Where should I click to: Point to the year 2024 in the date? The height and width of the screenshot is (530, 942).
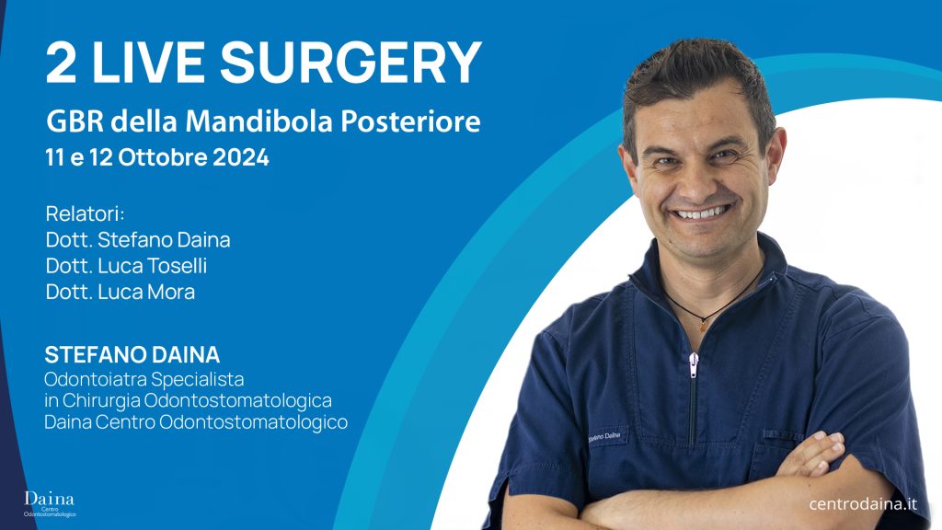pyautogui.click(x=240, y=157)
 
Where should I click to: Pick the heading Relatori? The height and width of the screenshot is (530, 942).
pyautogui.click(x=85, y=213)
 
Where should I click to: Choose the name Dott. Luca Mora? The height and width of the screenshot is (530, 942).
pyautogui.click(x=121, y=292)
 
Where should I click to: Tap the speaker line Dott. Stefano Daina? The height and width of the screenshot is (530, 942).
pyautogui.click(x=138, y=240)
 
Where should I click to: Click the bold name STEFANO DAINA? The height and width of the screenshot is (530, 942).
pyautogui.click(x=132, y=355)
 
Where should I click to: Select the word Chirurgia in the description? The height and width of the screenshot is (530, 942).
pyautogui.click(x=101, y=401)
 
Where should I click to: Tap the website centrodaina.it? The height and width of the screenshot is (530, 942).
pyautogui.click(x=863, y=503)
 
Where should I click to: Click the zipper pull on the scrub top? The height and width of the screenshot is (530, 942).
pyautogui.click(x=694, y=364)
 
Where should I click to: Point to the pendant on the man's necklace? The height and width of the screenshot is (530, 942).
pyautogui.click(x=704, y=323)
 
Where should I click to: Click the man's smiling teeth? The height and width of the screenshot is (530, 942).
pyautogui.click(x=702, y=213)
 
